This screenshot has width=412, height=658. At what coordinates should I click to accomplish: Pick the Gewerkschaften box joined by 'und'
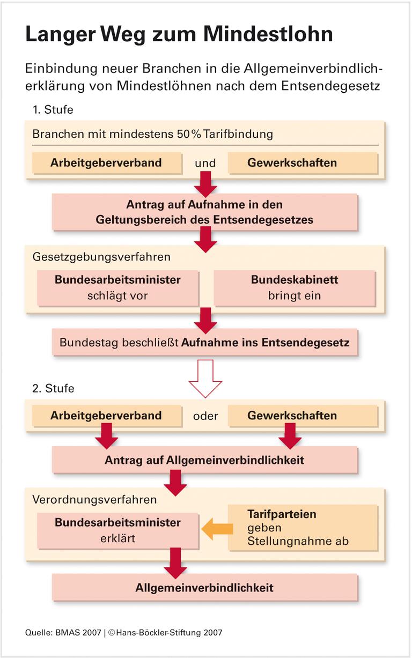pyautogui.click(x=292, y=162)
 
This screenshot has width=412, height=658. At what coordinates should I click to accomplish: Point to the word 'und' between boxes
pyautogui.click(x=205, y=163)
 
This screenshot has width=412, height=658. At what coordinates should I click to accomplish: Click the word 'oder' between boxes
pyautogui.click(x=205, y=416)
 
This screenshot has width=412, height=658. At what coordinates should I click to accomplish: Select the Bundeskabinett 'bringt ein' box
pyautogui.click(x=294, y=287)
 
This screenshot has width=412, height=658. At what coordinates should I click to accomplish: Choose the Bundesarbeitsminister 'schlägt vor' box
pyautogui.click(x=117, y=287)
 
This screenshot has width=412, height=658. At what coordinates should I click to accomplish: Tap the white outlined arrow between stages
pyautogui.click(x=205, y=377)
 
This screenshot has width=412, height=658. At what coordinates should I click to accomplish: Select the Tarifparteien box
pyautogui.click(x=302, y=528)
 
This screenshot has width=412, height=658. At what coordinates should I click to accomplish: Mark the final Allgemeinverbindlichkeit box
pyautogui.click(x=204, y=587)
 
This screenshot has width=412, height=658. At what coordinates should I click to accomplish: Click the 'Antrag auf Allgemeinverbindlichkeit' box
pyautogui.click(x=204, y=460)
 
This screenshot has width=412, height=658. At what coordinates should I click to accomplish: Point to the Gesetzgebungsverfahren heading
pyautogui.click(x=101, y=256)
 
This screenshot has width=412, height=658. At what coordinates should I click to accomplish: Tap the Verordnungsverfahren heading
pyautogui.click(x=94, y=499)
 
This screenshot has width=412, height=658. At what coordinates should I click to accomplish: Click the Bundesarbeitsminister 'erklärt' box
pyautogui.click(x=117, y=530)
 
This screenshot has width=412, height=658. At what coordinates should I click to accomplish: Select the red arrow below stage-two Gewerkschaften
pyautogui.click(x=290, y=435)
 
